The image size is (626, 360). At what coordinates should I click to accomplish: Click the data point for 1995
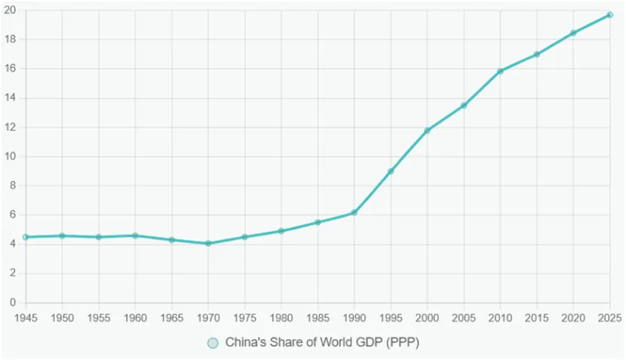[x=391, y=171]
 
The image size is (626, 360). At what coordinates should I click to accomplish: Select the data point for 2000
[x=428, y=131]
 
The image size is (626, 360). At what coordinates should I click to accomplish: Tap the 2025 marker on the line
[x=609, y=15]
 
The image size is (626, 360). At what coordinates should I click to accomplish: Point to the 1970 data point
[x=208, y=243]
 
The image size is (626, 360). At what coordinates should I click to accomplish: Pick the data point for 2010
[x=500, y=72]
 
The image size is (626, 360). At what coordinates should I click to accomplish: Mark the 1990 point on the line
[x=354, y=212]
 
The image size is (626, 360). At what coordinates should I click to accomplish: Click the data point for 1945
[x=26, y=237]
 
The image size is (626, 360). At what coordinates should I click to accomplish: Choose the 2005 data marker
[x=464, y=106]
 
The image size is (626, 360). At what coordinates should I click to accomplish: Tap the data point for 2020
[x=573, y=33]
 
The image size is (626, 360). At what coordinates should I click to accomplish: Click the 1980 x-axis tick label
[x=281, y=318]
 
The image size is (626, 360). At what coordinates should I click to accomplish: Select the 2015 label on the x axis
[x=536, y=318]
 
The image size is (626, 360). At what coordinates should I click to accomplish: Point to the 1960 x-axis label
[x=135, y=318]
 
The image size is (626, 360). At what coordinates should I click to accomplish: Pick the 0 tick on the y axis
[x=12, y=303]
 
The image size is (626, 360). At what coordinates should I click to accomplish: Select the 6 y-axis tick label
[x=12, y=215]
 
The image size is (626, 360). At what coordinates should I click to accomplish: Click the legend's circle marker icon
[x=213, y=343]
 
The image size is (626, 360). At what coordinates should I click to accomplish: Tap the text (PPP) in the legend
[x=402, y=343]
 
